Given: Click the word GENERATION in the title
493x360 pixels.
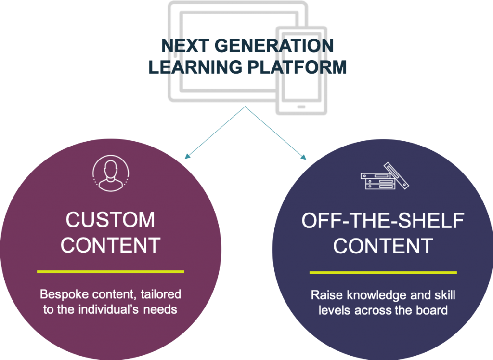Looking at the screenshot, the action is coord(274,46).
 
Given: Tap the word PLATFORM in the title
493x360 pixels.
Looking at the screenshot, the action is coord(297,67).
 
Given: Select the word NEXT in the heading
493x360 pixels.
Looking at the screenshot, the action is coord(185,46).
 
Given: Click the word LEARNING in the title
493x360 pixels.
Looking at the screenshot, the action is coord(195,67).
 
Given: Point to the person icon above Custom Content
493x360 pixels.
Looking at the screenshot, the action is coord(111,173).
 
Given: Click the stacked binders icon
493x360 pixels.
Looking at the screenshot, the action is coord(385,176).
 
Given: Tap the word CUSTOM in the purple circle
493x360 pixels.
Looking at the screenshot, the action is coord(110,220).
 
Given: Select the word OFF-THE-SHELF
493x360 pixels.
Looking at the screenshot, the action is coord(383,220).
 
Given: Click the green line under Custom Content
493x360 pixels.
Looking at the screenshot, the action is coord(110,271).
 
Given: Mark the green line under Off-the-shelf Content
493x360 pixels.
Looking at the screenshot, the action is coord(383,272).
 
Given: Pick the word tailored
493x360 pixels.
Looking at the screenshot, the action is coord(161,294).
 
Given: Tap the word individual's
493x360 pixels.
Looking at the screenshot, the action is coord(108,310).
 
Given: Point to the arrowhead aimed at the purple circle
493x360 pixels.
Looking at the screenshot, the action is coord(187,156).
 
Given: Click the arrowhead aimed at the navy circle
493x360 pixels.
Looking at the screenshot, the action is coord(303,157).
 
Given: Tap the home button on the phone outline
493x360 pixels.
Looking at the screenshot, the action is coord(301,107).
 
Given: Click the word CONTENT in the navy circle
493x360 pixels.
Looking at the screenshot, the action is coord(383,246).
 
